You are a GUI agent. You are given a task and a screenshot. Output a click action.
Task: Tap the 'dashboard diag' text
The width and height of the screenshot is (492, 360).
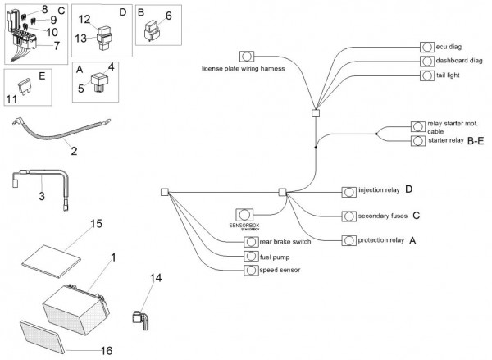[x=459, y=61]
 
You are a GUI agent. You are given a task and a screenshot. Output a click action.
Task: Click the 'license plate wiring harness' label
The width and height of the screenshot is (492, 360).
[x=243, y=69]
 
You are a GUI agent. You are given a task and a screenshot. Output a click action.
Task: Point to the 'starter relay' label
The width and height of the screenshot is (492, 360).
[x=446, y=141]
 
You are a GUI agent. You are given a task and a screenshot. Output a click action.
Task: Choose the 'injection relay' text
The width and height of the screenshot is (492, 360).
[x=377, y=190]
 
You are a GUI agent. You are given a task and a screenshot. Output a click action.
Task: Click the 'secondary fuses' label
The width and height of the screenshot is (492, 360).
[x=380, y=216]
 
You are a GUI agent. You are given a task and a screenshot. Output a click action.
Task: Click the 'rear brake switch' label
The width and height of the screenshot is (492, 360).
[x=283, y=242]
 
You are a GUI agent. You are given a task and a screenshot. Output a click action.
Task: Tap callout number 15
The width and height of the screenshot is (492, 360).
[x=95, y=223]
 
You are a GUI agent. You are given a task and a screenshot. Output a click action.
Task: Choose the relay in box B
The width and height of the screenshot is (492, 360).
[x=151, y=31]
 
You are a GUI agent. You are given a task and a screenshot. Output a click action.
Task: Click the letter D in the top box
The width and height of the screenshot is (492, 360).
[x=122, y=12]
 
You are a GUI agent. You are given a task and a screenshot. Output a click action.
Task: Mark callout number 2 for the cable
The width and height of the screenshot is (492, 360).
[x=73, y=152]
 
